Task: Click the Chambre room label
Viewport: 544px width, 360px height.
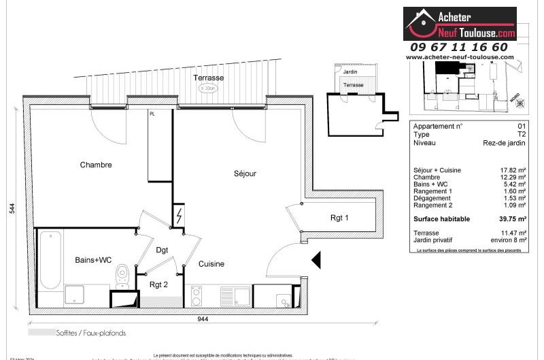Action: tap(95, 165)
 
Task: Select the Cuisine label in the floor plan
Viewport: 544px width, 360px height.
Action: tap(211, 263)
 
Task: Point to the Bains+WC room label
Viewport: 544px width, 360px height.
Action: tap(92, 260)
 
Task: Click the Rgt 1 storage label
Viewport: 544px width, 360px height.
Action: tap(339, 218)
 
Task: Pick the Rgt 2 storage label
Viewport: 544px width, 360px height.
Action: tap(158, 284)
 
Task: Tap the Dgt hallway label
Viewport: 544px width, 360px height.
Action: tap(162, 250)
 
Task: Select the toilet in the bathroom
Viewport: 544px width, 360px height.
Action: tap(122, 276)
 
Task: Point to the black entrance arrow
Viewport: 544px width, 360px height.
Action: tap(316, 260)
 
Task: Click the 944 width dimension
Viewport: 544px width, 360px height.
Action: tap(203, 318)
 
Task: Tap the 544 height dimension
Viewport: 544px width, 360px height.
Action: tap(12, 208)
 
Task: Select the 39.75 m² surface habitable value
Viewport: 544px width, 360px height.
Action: tap(513, 219)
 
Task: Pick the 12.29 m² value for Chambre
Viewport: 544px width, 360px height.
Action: tap(513, 177)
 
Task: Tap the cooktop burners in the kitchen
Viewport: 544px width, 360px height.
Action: tap(197, 295)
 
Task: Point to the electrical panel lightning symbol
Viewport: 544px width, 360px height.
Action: tap(179, 216)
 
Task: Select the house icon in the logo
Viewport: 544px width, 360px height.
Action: tap(422, 24)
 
